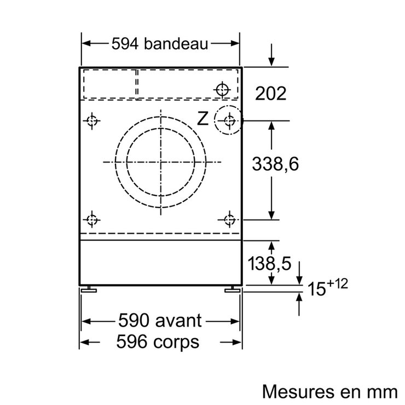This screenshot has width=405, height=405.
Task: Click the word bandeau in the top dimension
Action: tap(176, 43)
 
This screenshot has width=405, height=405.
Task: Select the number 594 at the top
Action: tap(125, 44)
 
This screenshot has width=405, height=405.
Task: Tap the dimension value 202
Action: tap(271, 93)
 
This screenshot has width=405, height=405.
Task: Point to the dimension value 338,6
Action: tap(275, 164)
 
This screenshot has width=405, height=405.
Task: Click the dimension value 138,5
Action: tap(269, 263)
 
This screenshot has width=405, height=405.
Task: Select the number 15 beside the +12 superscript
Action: tap(317, 288)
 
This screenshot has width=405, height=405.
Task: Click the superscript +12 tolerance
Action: tap(337, 283)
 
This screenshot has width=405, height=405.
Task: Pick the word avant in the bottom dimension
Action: tap(178, 321)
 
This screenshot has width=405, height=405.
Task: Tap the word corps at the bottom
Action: tap(176, 343)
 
